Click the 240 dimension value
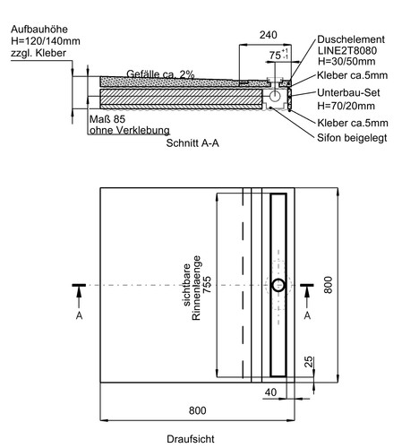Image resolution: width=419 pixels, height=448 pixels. [268, 35]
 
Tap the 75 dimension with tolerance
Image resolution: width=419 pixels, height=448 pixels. [278, 55]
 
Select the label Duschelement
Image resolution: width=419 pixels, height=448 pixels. [351, 39]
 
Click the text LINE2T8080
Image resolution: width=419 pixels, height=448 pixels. [347, 50]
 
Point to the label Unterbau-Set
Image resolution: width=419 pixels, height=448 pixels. [348, 92]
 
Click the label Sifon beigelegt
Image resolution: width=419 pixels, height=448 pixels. [352, 138]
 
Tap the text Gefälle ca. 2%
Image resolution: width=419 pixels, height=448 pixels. [160, 73]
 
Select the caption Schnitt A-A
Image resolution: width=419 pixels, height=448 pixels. [192, 143]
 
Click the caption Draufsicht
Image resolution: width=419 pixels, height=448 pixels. [191, 439]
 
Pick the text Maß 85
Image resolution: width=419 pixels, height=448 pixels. [107, 119]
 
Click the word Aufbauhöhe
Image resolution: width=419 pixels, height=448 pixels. [39, 30]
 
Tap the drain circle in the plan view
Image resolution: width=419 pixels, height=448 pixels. [278, 285]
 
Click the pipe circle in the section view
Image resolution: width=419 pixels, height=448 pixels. [274, 96]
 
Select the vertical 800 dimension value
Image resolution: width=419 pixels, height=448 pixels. [328, 285]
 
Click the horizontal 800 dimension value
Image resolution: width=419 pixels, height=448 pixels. [197, 410]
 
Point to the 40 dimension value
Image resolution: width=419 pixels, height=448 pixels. [270, 392]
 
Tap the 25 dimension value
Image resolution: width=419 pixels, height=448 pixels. [309, 361]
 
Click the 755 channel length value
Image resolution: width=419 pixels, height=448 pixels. [207, 285]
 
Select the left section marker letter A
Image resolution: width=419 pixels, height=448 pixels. [79, 315]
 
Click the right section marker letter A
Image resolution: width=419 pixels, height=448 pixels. [307, 315]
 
